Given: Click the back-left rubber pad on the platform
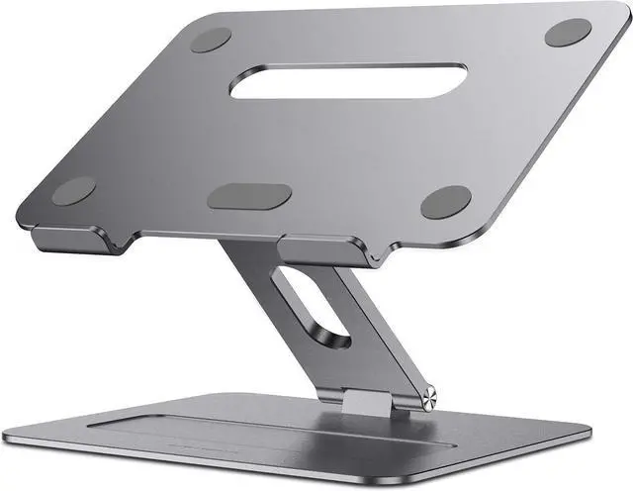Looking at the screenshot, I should [210, 40].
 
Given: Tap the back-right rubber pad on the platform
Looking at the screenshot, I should [568, 32].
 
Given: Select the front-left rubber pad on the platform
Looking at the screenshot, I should [73, 191].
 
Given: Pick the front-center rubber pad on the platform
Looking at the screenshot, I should [249, 195].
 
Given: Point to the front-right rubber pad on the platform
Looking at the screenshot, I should [445, 201].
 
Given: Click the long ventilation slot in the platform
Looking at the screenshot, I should [347, 81].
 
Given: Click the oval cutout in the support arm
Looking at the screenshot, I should [309, 310].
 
